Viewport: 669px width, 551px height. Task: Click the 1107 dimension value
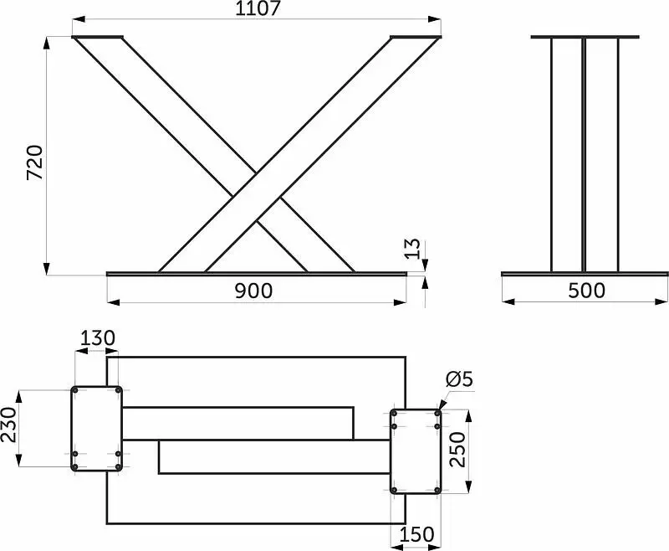[258, 8]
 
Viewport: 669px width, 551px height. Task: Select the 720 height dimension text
[35, 162]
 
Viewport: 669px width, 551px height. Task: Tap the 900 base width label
[253, 291]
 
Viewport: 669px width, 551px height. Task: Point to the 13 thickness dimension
[412, 249]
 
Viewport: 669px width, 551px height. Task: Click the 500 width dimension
[587, 291]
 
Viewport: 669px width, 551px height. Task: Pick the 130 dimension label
[98, 337]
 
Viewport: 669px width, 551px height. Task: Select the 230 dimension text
[8, 425]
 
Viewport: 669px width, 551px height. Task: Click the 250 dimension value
[457, 450]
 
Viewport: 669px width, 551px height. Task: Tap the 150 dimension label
[417, 534]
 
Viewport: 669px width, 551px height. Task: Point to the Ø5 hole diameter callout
[459, 378]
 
